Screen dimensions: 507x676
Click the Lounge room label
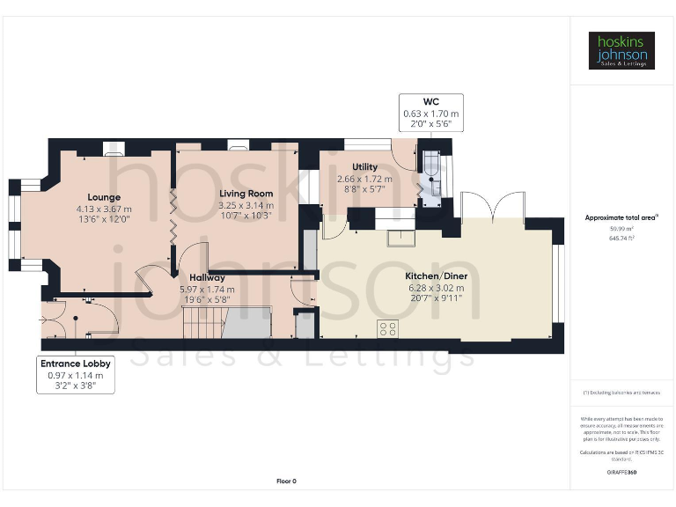[x=104, y=197]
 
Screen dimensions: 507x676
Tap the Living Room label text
[x=246, y=194]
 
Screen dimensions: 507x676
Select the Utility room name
[x=364, y=167]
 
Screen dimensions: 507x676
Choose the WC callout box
[x=430, y=114]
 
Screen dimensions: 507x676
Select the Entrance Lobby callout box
[x=76, y=373]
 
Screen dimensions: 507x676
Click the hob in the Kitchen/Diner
[x=387, y=329]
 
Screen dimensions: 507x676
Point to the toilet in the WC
[x=432, y=181]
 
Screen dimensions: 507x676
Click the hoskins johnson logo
[x=621, y=51]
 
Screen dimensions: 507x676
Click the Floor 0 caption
[x=286, y=481]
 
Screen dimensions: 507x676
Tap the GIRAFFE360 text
[x=621, y=473]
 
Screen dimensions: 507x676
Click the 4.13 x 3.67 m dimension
[x=104, y=209]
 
